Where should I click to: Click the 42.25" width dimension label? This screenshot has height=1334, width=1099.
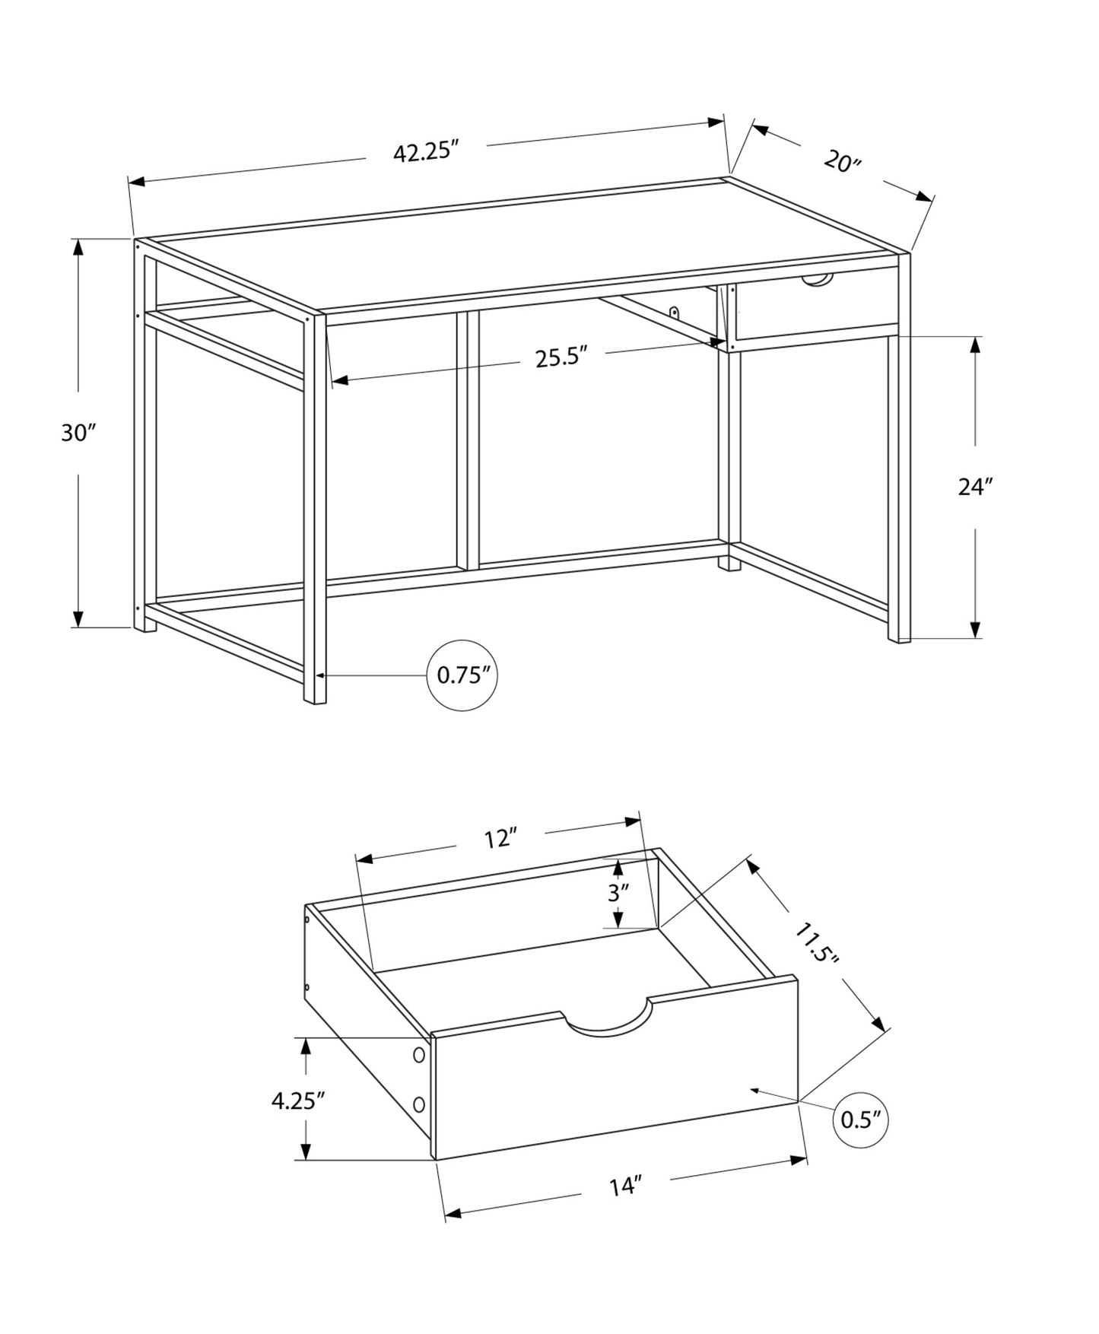(x=427, y=152)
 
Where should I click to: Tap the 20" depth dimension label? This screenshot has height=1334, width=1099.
(x=841, y=161)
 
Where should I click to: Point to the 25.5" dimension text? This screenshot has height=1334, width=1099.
(x=562, y=357)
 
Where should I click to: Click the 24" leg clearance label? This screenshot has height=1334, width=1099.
(x=975, y=487)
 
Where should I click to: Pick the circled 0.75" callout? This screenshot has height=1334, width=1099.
(x=462, y=675)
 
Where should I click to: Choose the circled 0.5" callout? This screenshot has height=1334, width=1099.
(x=861, y=1119)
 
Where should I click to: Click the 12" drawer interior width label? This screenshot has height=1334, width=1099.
(x=500, y=840)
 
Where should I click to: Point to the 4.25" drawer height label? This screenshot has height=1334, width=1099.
(x=298, y=1101)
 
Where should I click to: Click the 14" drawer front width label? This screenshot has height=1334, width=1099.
(x=625, y=1186)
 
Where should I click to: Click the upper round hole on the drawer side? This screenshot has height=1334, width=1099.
(x=418, y=1055)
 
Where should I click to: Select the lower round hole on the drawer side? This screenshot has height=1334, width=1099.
(x=418, y=1104)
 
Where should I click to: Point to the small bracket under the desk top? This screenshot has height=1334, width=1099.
(x=674, y=312)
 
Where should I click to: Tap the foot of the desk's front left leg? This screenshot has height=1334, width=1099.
(x=315, y=699)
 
